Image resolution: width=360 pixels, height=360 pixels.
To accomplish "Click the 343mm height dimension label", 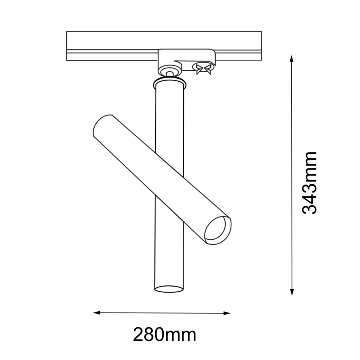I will click(309, 183).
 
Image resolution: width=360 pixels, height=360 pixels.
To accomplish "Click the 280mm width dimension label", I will click(164, 334).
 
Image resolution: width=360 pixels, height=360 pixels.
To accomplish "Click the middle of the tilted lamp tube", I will click(162, 178).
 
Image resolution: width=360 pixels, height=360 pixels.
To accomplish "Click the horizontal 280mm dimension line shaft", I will click(162, 312).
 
